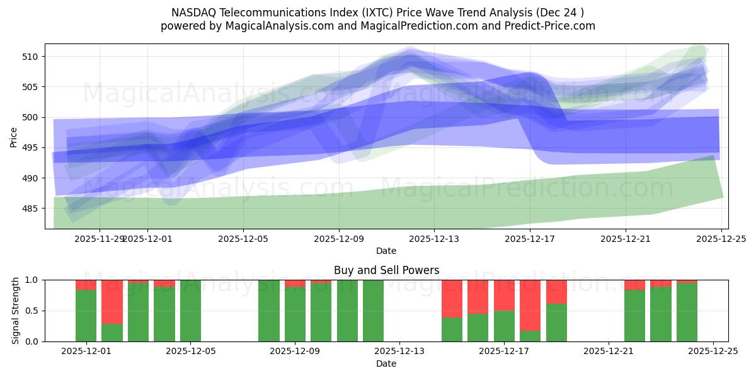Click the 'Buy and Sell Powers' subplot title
(386, 270)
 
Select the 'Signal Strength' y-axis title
(16, 311)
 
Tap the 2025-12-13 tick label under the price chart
(434, 239)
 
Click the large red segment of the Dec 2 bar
(112, 302)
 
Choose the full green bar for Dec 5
(190, 311)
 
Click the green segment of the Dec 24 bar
(687, 312)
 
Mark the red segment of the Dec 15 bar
(452, 299)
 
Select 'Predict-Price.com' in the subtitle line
(554, 26)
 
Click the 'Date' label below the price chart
(386, 251)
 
